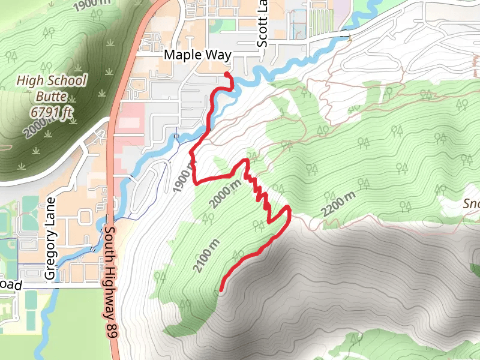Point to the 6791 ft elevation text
tap(52, 112)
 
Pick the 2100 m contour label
tap(205, 255)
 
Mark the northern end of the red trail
tap(227, 74)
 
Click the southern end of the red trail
tap(221, 290)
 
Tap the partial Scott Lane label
tap(262, 23)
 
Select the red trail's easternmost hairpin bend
tap(289, 210)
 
